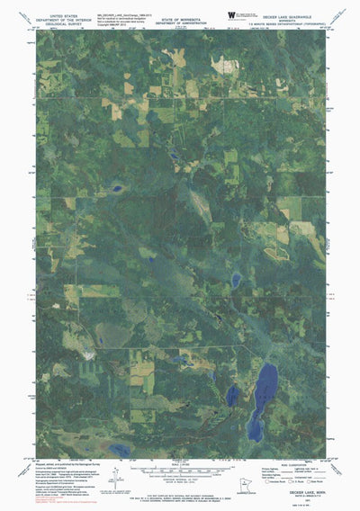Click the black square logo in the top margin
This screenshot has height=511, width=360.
231,14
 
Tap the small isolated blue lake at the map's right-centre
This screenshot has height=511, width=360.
236,280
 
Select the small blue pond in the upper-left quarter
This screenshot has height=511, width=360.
116,189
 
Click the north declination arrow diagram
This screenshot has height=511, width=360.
135,474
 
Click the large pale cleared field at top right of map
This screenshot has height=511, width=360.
220,63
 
